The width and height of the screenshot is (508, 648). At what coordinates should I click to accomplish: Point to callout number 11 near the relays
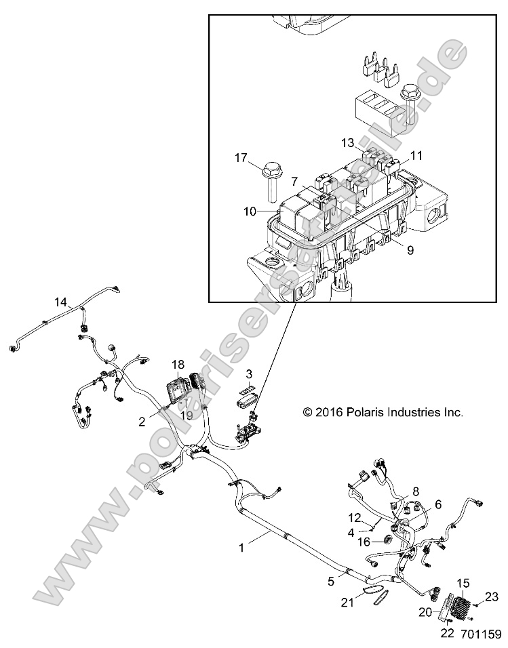point(416,155)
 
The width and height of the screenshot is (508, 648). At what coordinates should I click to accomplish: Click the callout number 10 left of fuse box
point(249,211)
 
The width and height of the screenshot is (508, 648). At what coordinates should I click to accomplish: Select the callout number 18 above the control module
point(178,364)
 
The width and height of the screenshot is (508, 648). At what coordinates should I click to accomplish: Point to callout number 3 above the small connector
point(249,373)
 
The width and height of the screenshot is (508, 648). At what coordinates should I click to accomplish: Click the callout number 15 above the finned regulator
point(464,583)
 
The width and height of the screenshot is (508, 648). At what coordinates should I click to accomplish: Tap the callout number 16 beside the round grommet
point(364,542)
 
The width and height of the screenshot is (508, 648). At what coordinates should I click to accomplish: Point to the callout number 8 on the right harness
point(416,491)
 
